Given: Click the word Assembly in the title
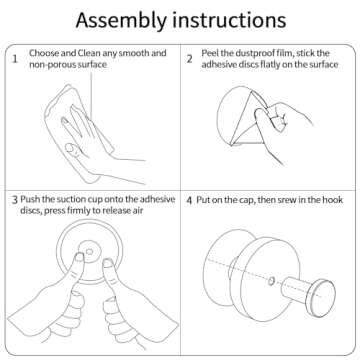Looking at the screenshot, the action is pos(121,21).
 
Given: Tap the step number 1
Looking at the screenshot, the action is pos(15,60).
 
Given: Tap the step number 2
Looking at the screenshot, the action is pos(189,59).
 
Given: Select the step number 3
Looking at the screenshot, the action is pos(15,200).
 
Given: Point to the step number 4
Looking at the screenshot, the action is pos(189,201).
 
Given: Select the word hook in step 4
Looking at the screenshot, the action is pos(334,200).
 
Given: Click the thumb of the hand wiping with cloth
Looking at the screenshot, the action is pos(74,149).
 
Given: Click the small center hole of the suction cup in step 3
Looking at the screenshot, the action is pos(89,252).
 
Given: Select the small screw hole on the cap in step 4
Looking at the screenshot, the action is pos(271,281).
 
